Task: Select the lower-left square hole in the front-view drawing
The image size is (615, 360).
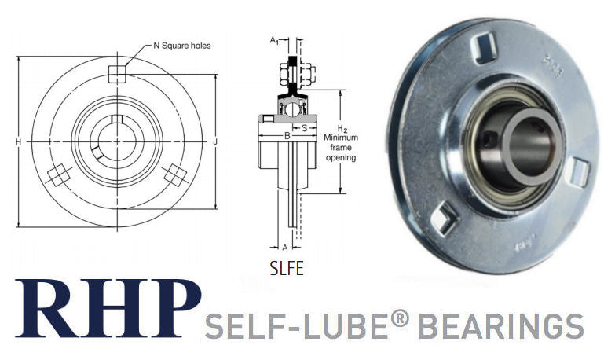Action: (57, 174)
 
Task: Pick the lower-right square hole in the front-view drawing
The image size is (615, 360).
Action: (173, 174)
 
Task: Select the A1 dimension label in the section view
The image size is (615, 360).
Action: (273, 39)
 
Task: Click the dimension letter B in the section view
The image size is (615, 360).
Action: (287, 137)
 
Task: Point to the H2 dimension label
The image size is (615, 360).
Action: (342, 128)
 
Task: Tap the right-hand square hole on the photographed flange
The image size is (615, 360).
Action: (578, 171)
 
